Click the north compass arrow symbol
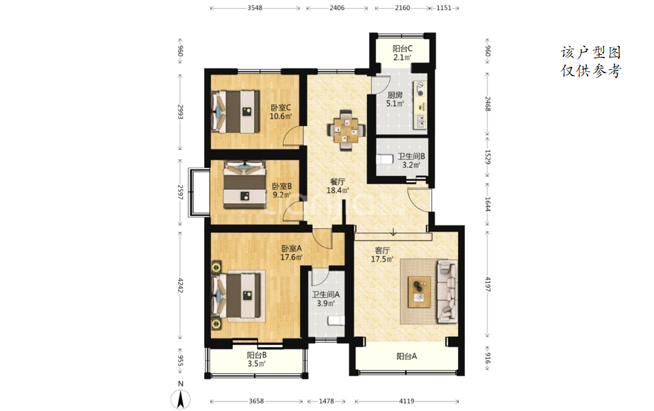point(181,399)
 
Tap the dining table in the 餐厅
point(346,129)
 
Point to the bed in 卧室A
point(238,296)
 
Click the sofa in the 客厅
point(447,291)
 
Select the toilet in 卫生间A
point(336,321)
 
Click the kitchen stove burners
point(420,90)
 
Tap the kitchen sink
point(420,121)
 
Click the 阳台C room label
point(403,49)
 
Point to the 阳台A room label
point(406,356)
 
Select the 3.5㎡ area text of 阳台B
point(257,364)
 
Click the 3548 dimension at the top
point(255,8)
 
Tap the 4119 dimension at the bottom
point(407,401)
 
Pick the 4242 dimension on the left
point(180,286)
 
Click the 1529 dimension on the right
point(488,158)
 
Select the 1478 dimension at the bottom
point(327,401)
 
